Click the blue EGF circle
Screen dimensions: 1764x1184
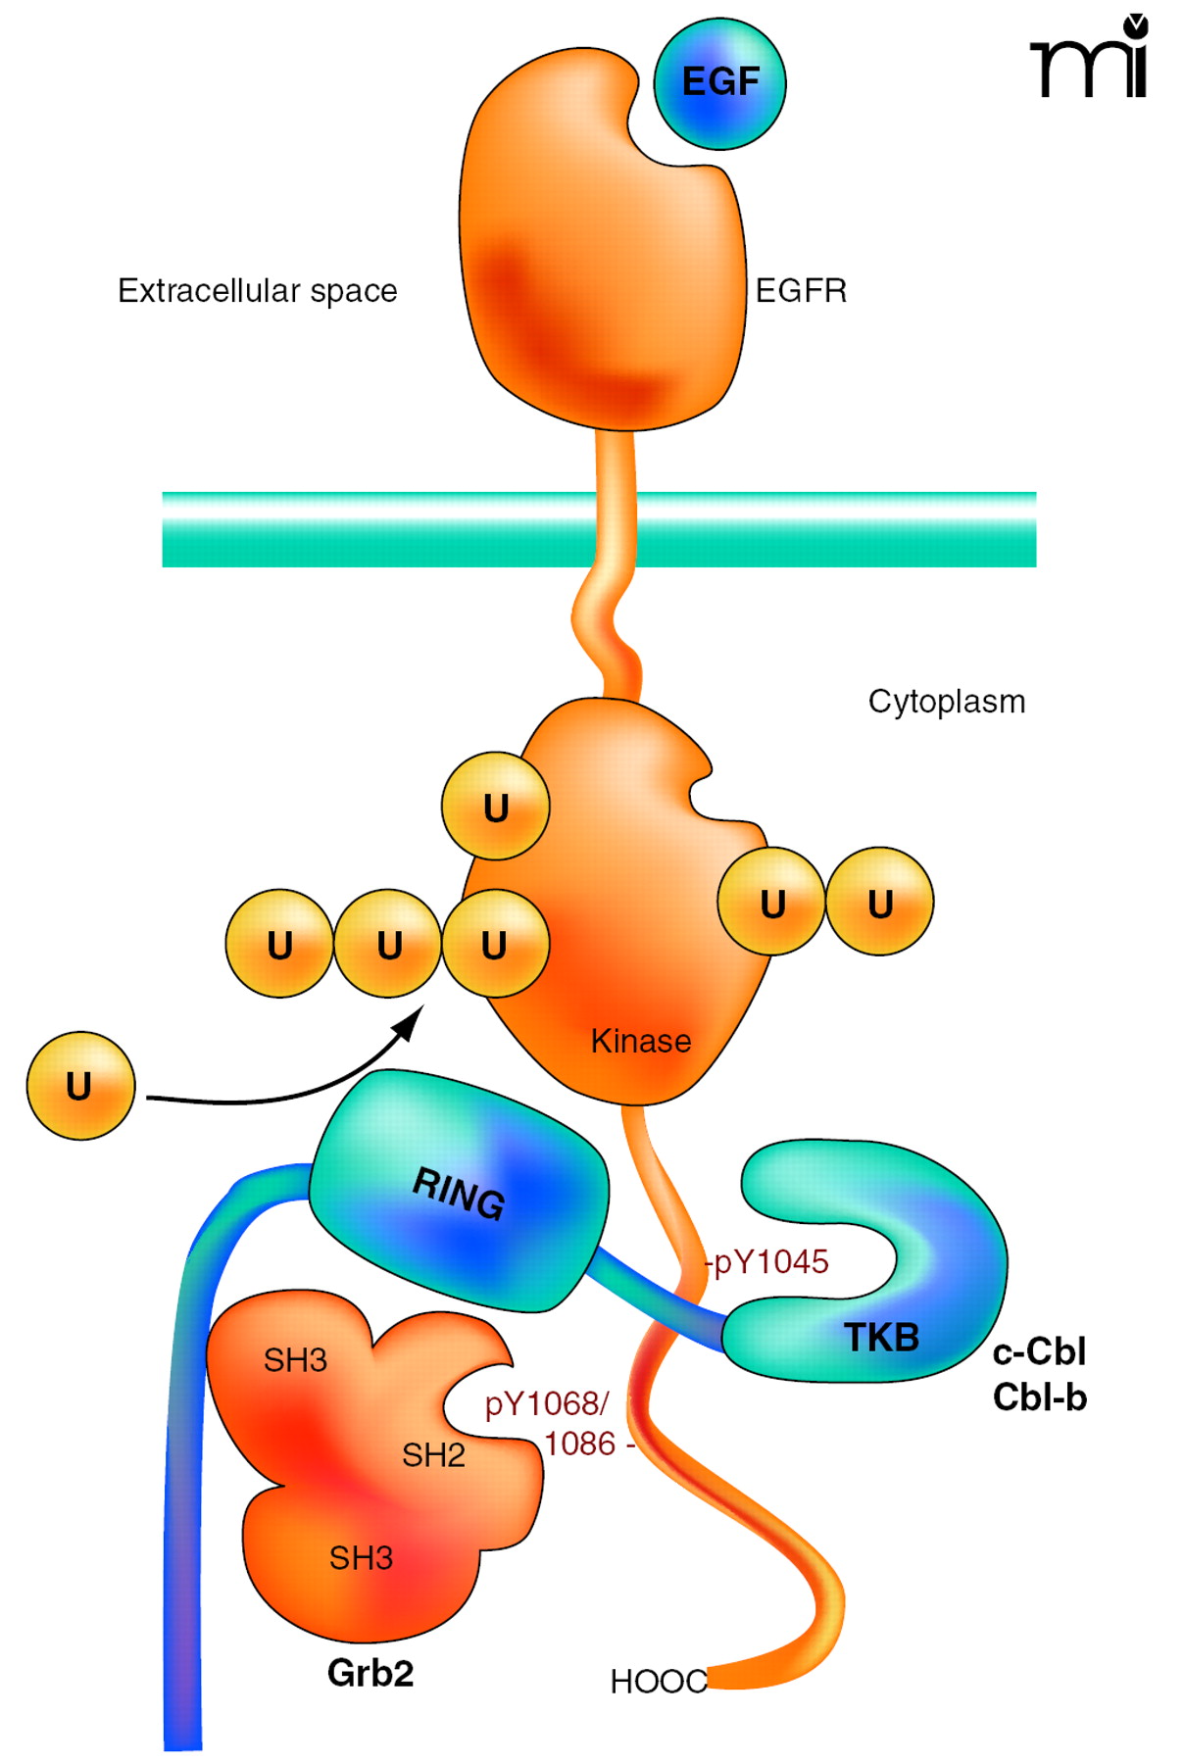point(720,83)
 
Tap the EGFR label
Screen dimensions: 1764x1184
point(801,291)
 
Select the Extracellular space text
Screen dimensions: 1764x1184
point(257,291)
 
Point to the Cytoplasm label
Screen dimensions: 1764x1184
point(946,702)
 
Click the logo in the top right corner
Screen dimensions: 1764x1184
point(1090,59)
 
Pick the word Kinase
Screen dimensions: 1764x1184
point(640,1041)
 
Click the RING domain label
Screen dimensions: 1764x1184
point(459,1194)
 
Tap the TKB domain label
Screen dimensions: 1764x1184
point(881,1338)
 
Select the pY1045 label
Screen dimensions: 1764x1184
point(770,1262)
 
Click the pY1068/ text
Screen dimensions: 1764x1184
point(547,1404)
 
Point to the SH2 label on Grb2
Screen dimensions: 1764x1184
point(433,1455)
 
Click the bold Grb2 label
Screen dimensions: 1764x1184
point(370,1673)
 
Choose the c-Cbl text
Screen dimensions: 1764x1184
point(1039,1352)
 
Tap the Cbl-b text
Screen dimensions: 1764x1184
point(1039,1397)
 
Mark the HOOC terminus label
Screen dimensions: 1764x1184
point(658,1682)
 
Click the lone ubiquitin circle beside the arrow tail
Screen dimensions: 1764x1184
point(80,1086)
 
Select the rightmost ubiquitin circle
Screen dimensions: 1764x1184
point(879,902)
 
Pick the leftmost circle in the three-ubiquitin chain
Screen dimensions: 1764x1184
point(280,944)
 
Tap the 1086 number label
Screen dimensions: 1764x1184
point(580,1444)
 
